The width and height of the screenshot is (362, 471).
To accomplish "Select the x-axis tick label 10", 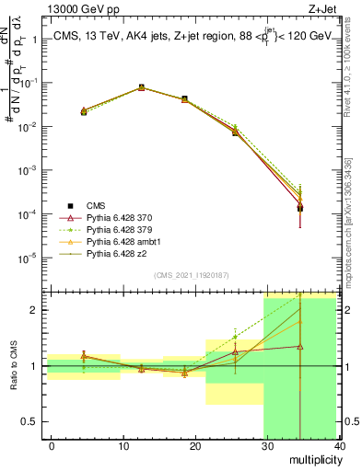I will click(x=123, y=445).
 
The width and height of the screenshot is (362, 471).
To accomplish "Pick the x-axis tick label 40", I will click(x=339, y=445).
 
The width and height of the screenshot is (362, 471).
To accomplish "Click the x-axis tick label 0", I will click(x=52, y=445).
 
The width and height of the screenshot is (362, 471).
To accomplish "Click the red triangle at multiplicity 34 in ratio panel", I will click(x=299, y=347).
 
